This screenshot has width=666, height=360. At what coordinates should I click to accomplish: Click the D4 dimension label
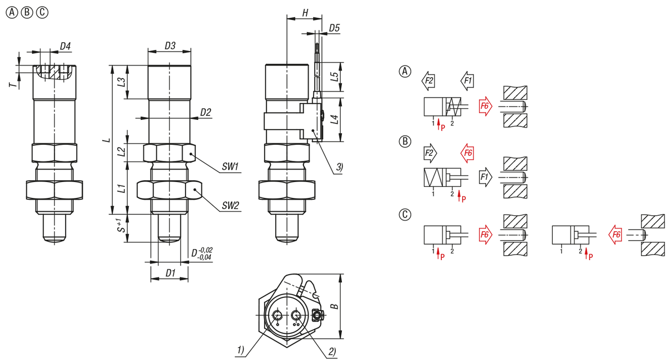[x=65, y=45]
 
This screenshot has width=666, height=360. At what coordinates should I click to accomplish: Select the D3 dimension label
[x=170, y=45]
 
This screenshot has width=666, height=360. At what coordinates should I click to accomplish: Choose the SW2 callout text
[x=230, y=206]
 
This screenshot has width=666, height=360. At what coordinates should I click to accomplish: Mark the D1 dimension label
[x=170, y=273]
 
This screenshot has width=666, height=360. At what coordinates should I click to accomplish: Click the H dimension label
[x=305, y=12]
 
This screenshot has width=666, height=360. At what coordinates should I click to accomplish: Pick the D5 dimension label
[x=334, y=28]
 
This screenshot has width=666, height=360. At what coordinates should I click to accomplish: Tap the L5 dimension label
[x=334, y=77]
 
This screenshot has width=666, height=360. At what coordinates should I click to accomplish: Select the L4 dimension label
[x=334, y=119]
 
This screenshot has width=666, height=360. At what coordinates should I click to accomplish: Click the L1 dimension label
[x=121, y=188]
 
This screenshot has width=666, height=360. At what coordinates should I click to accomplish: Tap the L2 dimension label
[x=121, y=149]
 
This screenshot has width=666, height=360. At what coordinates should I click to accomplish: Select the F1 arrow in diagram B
[x=485, y=178]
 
